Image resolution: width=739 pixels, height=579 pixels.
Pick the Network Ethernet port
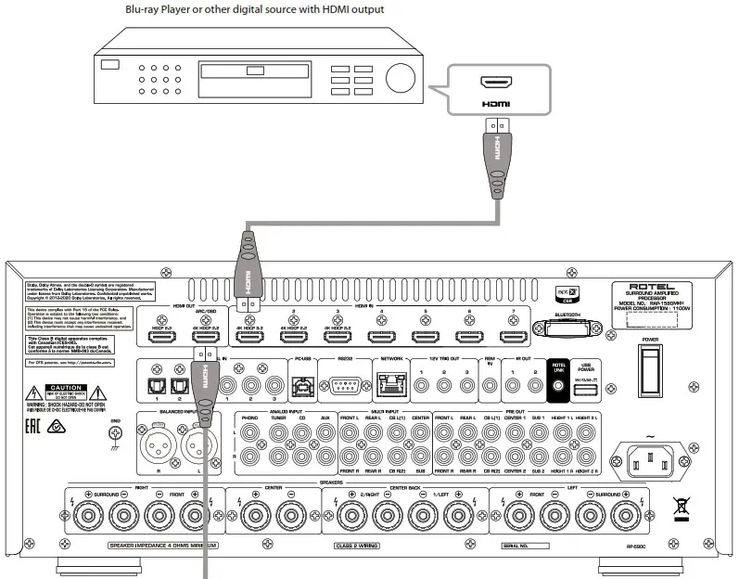389,384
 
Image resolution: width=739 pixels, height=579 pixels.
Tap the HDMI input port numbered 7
513,338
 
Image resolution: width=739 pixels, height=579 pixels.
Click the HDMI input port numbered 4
381,338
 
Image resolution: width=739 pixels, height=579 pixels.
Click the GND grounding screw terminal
115,432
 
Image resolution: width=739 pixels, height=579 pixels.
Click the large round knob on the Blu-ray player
401,77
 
